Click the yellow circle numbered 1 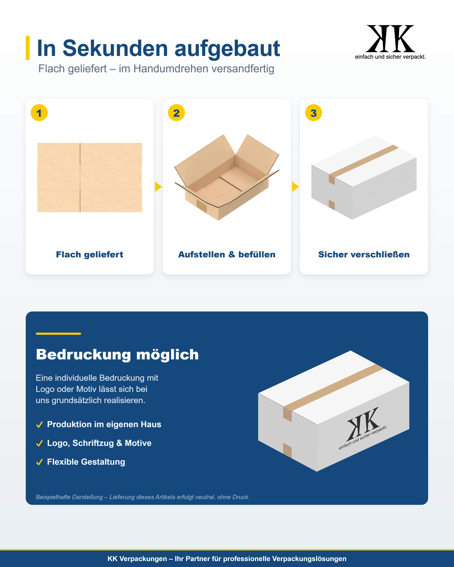click(x=39, y=113)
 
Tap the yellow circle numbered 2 click(x=176, y=113)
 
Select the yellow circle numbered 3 click(x=313, y=113)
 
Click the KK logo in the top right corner click(x=390, y=39)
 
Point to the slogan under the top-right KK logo click(x=390, y=57)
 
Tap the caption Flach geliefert click(x=89, y=255)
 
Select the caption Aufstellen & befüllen click(x=227, y=255)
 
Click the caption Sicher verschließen click(x=364, y=255)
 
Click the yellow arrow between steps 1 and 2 click(x=158, y=187)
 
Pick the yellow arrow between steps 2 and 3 click(x=295, y=187)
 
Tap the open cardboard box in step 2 click(x=227, y=178)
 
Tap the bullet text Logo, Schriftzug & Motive click(x=99, y=443)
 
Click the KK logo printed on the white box click(x=363, y=425)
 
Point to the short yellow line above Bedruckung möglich click(x=58, y=334)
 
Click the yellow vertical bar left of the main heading click(x=28, y=48)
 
